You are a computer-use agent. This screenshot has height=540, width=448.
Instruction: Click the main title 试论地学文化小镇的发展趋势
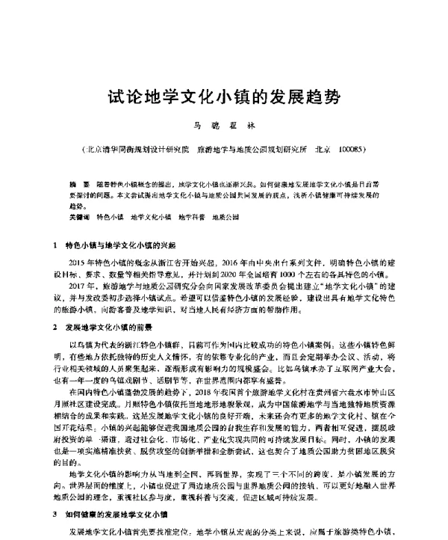click(x=225, y=98)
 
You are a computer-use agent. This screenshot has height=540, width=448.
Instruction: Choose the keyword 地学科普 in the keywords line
click(x=192, y=216)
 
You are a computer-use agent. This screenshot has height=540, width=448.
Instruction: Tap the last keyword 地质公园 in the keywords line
click(x=225, y=216)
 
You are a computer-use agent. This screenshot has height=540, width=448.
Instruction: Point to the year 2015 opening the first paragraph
click(x=77, y=263)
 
